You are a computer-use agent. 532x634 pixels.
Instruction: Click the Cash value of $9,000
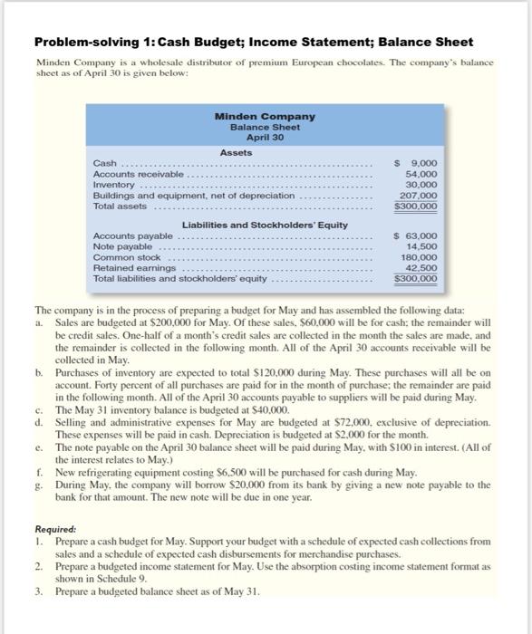tap(419, 163)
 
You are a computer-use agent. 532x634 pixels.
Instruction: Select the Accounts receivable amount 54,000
tap(422, 174)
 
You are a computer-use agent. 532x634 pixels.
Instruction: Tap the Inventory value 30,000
tap(422, 184)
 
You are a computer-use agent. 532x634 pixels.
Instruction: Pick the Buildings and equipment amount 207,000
tap(420, 195)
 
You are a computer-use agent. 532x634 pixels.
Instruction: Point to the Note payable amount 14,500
tap(422, 246)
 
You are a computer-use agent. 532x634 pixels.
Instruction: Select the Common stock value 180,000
tap(420, 257)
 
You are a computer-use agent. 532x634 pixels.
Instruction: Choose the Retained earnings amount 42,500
tap(422, 268)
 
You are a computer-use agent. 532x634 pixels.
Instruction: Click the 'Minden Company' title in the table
tap(265, 116)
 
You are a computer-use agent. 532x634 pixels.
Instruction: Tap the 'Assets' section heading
tap(237, 152)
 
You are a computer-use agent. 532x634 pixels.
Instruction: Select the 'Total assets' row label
tap(121, 206)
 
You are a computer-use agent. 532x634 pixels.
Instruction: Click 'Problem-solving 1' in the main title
tap(86, 43)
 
